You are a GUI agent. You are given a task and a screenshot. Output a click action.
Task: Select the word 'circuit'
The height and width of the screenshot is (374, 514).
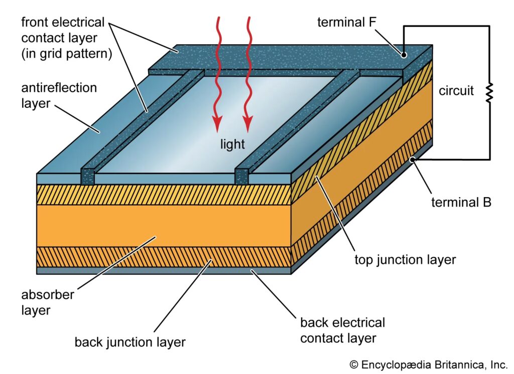pyautogui.click(x=456, y=91)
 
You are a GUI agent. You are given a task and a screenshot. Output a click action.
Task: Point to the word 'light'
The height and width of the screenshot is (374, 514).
pyautogui.click(x=233, y=145)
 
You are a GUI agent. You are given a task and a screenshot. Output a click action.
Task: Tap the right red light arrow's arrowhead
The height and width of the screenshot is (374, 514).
pyautogui.click(x=247, y=123)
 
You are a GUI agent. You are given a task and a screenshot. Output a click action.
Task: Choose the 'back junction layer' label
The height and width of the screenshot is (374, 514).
pyautogui.click(x=130, y=342)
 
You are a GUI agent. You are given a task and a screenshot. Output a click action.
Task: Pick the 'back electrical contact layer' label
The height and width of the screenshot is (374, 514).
pyautogui.click(x=342, y=330)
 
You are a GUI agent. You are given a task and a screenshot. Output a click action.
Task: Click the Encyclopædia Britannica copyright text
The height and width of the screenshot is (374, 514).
pyautogui.click(x=429, y=363)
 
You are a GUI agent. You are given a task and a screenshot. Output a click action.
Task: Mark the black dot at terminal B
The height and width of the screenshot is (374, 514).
pyautogui.click(x=412, y=159)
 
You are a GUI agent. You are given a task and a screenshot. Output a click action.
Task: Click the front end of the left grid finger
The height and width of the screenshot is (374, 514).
pyautogui.click(x=87, y=177)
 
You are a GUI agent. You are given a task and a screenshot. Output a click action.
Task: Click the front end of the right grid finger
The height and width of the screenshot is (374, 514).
pyautogui.click(x=242, y=177)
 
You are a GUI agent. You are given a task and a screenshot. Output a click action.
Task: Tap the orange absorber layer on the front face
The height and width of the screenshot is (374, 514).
pyautogui.click(x=151, y=226)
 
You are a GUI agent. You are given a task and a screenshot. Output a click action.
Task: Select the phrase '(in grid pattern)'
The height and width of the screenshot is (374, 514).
pyautogui.click(x=63, y=54)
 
